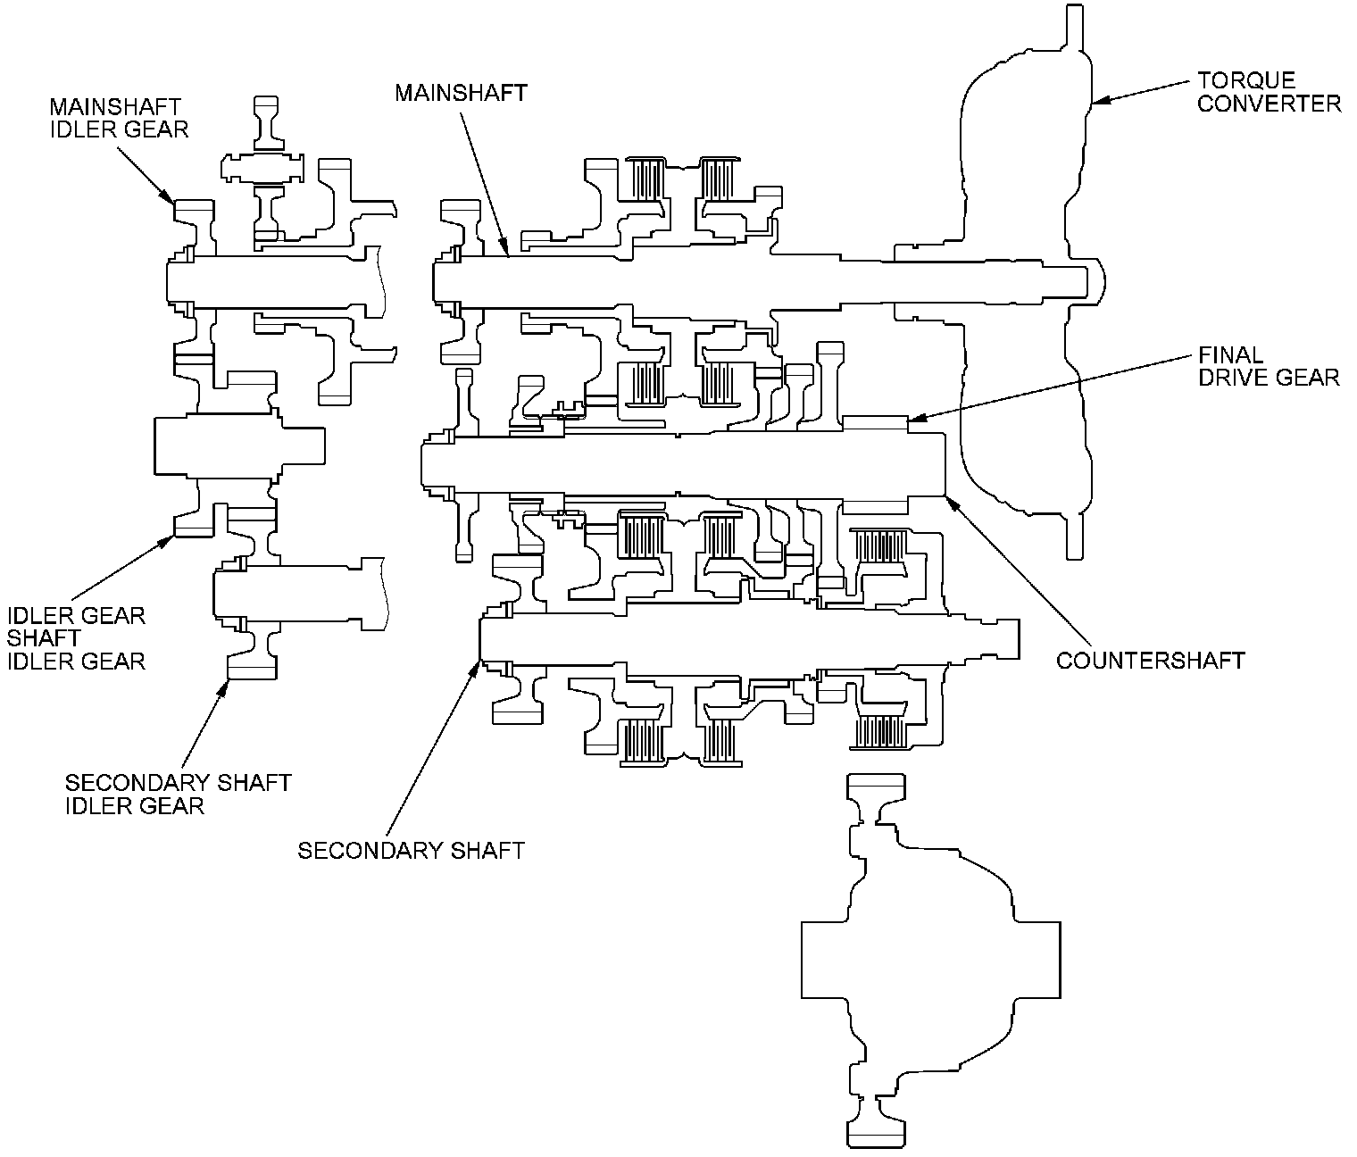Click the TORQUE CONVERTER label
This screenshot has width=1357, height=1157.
(1269, 92)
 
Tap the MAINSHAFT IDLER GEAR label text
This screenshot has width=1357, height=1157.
(120, 119)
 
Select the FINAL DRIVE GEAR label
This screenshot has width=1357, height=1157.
(1269, 366)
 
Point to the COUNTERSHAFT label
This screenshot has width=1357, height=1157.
(1150, 661)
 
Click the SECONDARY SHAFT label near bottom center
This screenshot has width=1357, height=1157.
(411, 850)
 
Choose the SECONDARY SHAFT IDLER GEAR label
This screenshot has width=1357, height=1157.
(178, 794)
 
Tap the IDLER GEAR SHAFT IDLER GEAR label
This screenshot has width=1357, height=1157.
(77, 638)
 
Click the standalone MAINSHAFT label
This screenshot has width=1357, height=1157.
(461, 93)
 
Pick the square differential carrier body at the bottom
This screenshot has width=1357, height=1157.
(930, 959)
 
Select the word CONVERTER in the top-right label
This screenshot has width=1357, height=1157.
(1269, 104)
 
